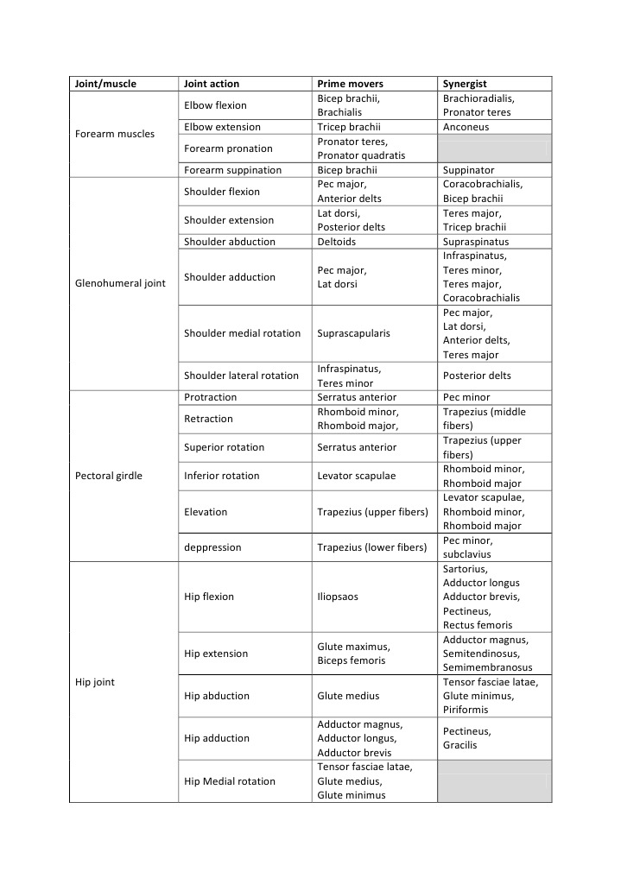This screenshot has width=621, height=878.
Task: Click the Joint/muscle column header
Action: [x=106, y=84]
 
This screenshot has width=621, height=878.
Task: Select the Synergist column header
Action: [x=465, y=84]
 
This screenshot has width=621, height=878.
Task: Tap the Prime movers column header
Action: [x=351, y=84]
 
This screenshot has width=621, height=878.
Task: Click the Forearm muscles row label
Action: [x=116, y=134]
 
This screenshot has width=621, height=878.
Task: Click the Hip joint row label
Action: [x=96, y=682]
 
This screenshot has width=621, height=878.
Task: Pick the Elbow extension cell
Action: [x=222, y=127]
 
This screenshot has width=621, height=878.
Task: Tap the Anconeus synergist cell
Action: [x=466, y=127]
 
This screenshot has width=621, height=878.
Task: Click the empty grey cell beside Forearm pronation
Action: [x=495, y=148]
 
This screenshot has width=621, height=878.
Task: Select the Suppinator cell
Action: [x=469, y=170]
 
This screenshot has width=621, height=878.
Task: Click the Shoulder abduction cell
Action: [x=230, y=242]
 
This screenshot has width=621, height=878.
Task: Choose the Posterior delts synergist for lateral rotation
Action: [x=477, y=376]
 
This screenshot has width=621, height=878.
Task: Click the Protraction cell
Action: [x=211, y=397]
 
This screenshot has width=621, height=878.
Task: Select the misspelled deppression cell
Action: [x=213, y=547]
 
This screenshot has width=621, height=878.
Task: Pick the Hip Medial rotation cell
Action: [x=230, y=781]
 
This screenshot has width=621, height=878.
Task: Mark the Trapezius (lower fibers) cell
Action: [x=372, y=547]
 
